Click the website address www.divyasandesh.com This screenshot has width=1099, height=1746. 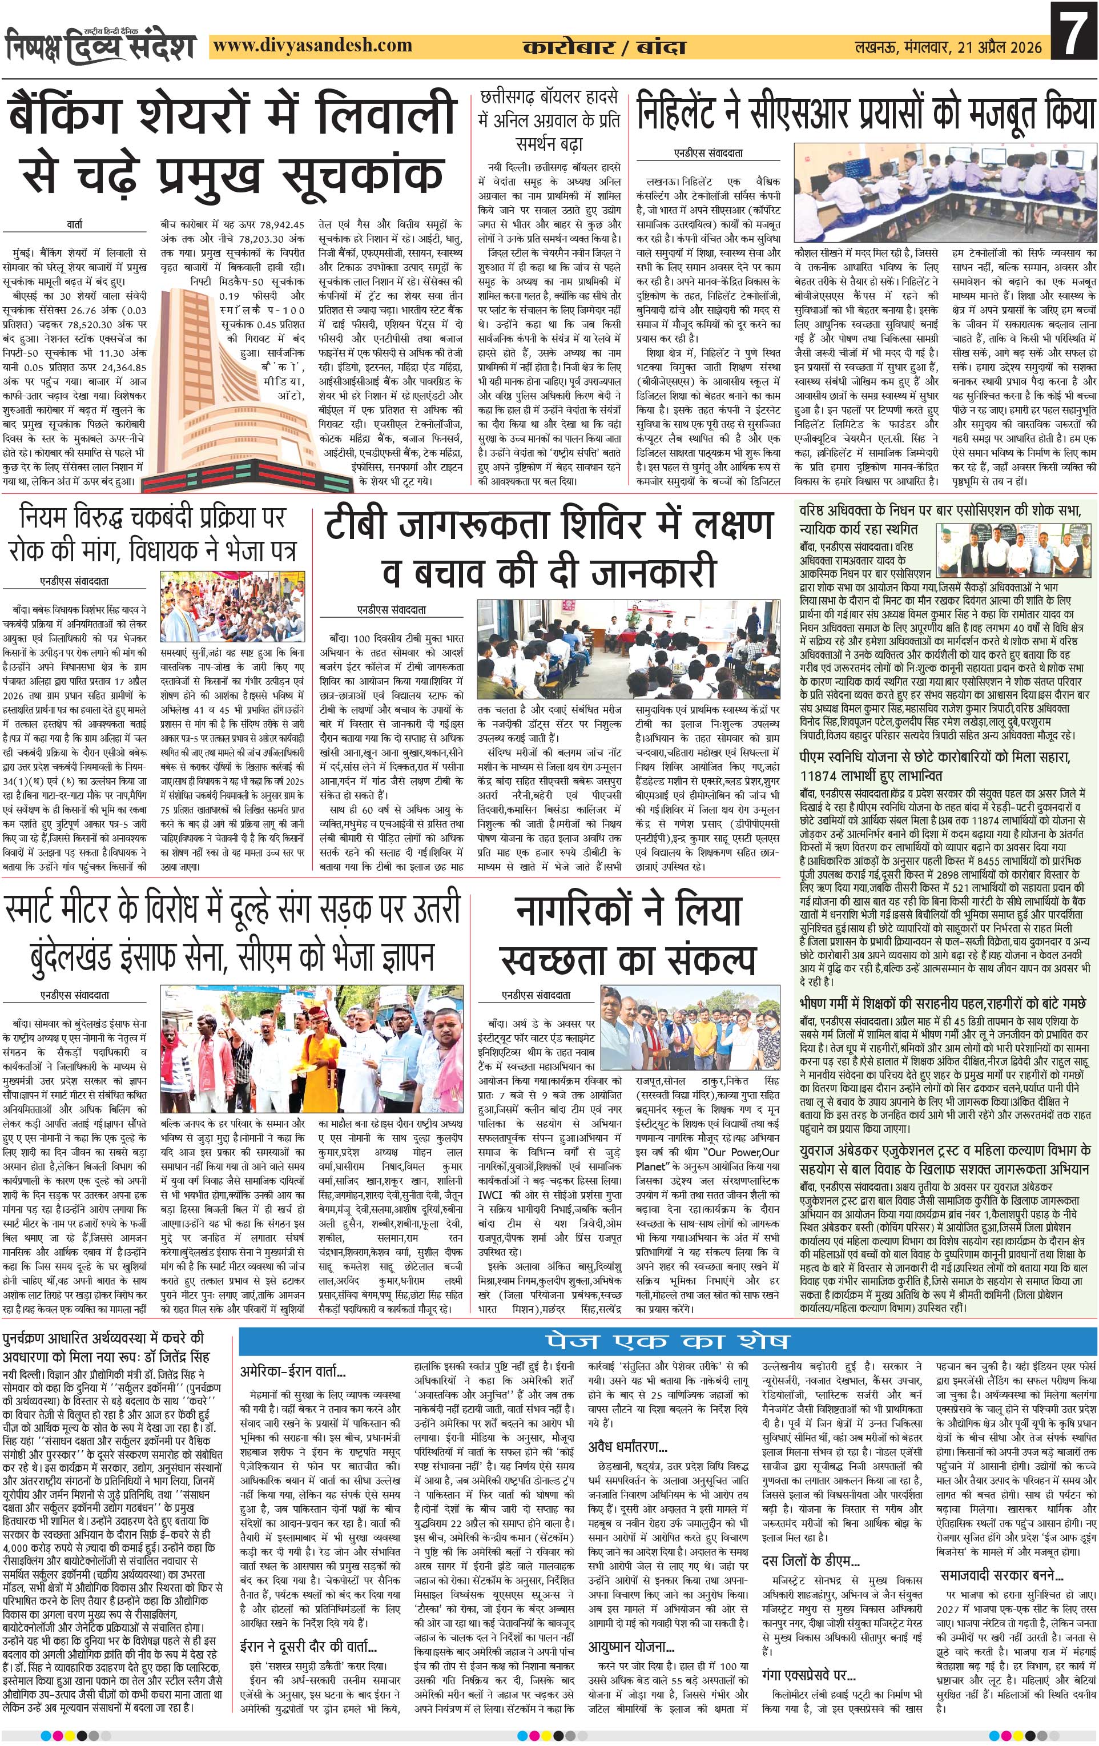coord(312,46)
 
